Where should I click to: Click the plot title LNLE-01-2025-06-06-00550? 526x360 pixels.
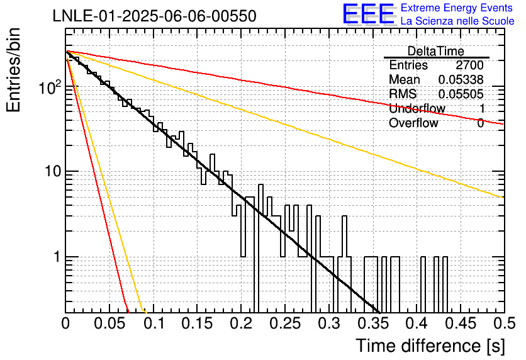click(154, 16)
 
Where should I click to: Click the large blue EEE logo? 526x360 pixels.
click(369, 14)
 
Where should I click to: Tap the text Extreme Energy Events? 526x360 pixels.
click(457, 8)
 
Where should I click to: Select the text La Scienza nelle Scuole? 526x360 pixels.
click(457, 21)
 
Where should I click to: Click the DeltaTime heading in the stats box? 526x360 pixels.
click(436, 51)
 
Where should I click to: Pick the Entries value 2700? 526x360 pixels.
click(469, 65)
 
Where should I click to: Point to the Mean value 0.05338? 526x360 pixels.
click(461, 79)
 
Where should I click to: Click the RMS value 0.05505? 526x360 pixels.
click(461, 94)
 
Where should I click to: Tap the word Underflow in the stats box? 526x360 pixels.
click(417, 108)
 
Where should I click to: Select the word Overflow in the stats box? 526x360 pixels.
click(413, 123)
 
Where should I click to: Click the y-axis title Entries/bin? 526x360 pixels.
click(13, 70)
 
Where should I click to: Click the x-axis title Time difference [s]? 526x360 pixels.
click(430, 346)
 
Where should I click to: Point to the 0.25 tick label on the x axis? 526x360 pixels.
click(284, 323)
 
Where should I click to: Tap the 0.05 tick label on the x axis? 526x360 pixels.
click(109, 323)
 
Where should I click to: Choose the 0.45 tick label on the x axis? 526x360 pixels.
click(461, 323)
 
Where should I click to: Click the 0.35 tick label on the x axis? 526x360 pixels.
click(372, 323)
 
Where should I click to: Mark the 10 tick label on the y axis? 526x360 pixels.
click(53, 171)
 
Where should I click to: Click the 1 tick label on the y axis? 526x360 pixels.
click(57, 257)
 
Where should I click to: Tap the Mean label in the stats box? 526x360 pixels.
click(404, 79)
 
